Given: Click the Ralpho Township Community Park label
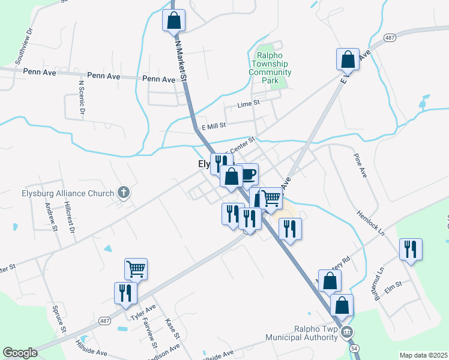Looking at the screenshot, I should coord(270,64).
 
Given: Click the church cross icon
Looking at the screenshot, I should coord(124,193).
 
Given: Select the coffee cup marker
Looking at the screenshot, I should coord(247,175).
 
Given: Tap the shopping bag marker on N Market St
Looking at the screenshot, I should coord(173,20).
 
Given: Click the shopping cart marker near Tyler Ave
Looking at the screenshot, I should coord(136,269).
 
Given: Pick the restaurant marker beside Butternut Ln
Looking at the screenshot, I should coord(411,249).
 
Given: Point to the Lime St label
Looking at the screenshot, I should coord(248,103).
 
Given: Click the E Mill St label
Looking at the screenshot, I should coord(213,126).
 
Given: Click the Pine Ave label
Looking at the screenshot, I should coord(360,165).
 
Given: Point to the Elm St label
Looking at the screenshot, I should coord(393,287).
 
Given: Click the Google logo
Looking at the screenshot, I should coord(20,353).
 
